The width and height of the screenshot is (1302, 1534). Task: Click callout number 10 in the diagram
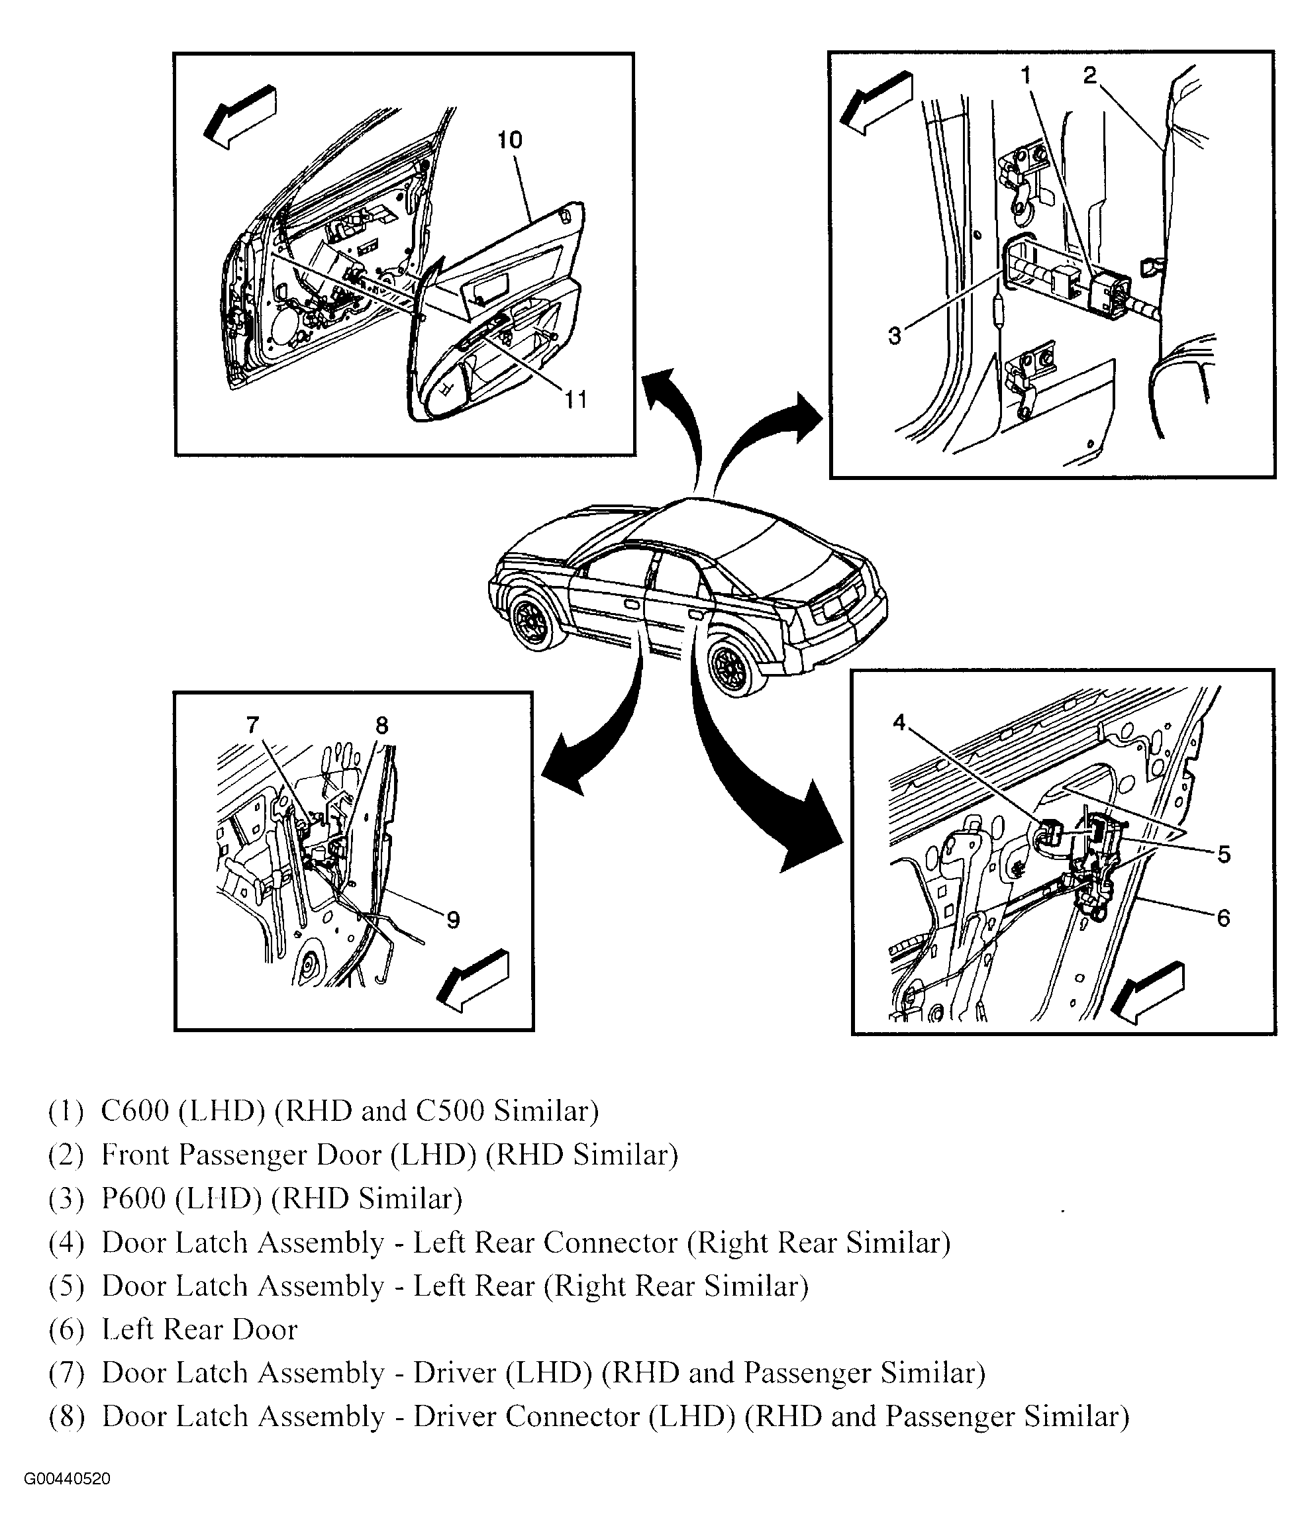509,140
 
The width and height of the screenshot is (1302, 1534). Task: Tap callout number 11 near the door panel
576,400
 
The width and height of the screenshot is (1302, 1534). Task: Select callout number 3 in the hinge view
895,336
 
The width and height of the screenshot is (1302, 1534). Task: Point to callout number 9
453,920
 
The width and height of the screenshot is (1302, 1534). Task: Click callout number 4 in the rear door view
899,722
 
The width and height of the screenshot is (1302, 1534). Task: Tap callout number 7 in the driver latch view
253,726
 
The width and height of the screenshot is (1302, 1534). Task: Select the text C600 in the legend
135,1110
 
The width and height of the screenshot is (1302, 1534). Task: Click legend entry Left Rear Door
199,1329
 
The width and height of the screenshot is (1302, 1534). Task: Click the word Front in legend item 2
136,1155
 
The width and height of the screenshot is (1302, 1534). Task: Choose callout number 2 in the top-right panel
1089,75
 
